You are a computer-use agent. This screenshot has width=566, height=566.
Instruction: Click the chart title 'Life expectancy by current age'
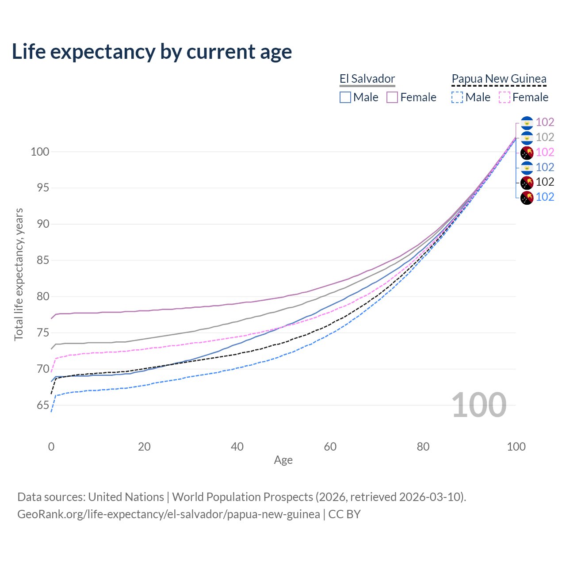152,52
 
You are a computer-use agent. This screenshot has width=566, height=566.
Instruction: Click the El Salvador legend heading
367,79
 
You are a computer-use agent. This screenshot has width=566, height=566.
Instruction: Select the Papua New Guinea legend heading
499,79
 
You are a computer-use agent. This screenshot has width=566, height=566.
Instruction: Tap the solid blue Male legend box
345,97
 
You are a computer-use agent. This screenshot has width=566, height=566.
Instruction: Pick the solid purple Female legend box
392,97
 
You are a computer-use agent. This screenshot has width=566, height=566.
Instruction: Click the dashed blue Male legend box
457,97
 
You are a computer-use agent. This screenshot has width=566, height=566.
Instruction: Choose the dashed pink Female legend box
505,97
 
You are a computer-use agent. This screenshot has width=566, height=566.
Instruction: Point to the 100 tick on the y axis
40,152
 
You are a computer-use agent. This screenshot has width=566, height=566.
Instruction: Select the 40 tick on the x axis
237,447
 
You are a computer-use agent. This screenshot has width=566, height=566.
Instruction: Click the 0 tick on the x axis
51,447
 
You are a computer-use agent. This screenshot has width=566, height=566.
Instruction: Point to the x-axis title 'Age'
283,460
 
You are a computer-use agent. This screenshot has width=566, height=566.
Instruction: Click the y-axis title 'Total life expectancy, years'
19,274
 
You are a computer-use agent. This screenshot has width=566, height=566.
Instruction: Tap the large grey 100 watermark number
479,405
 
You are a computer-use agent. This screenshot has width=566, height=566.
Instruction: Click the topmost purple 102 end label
545,122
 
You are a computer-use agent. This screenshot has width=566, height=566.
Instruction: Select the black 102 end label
545,182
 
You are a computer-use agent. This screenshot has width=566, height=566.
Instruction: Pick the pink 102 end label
545,152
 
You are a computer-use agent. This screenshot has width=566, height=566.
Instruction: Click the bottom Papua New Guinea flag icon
527,197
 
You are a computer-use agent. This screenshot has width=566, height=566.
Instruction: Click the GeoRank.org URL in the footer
168,514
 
